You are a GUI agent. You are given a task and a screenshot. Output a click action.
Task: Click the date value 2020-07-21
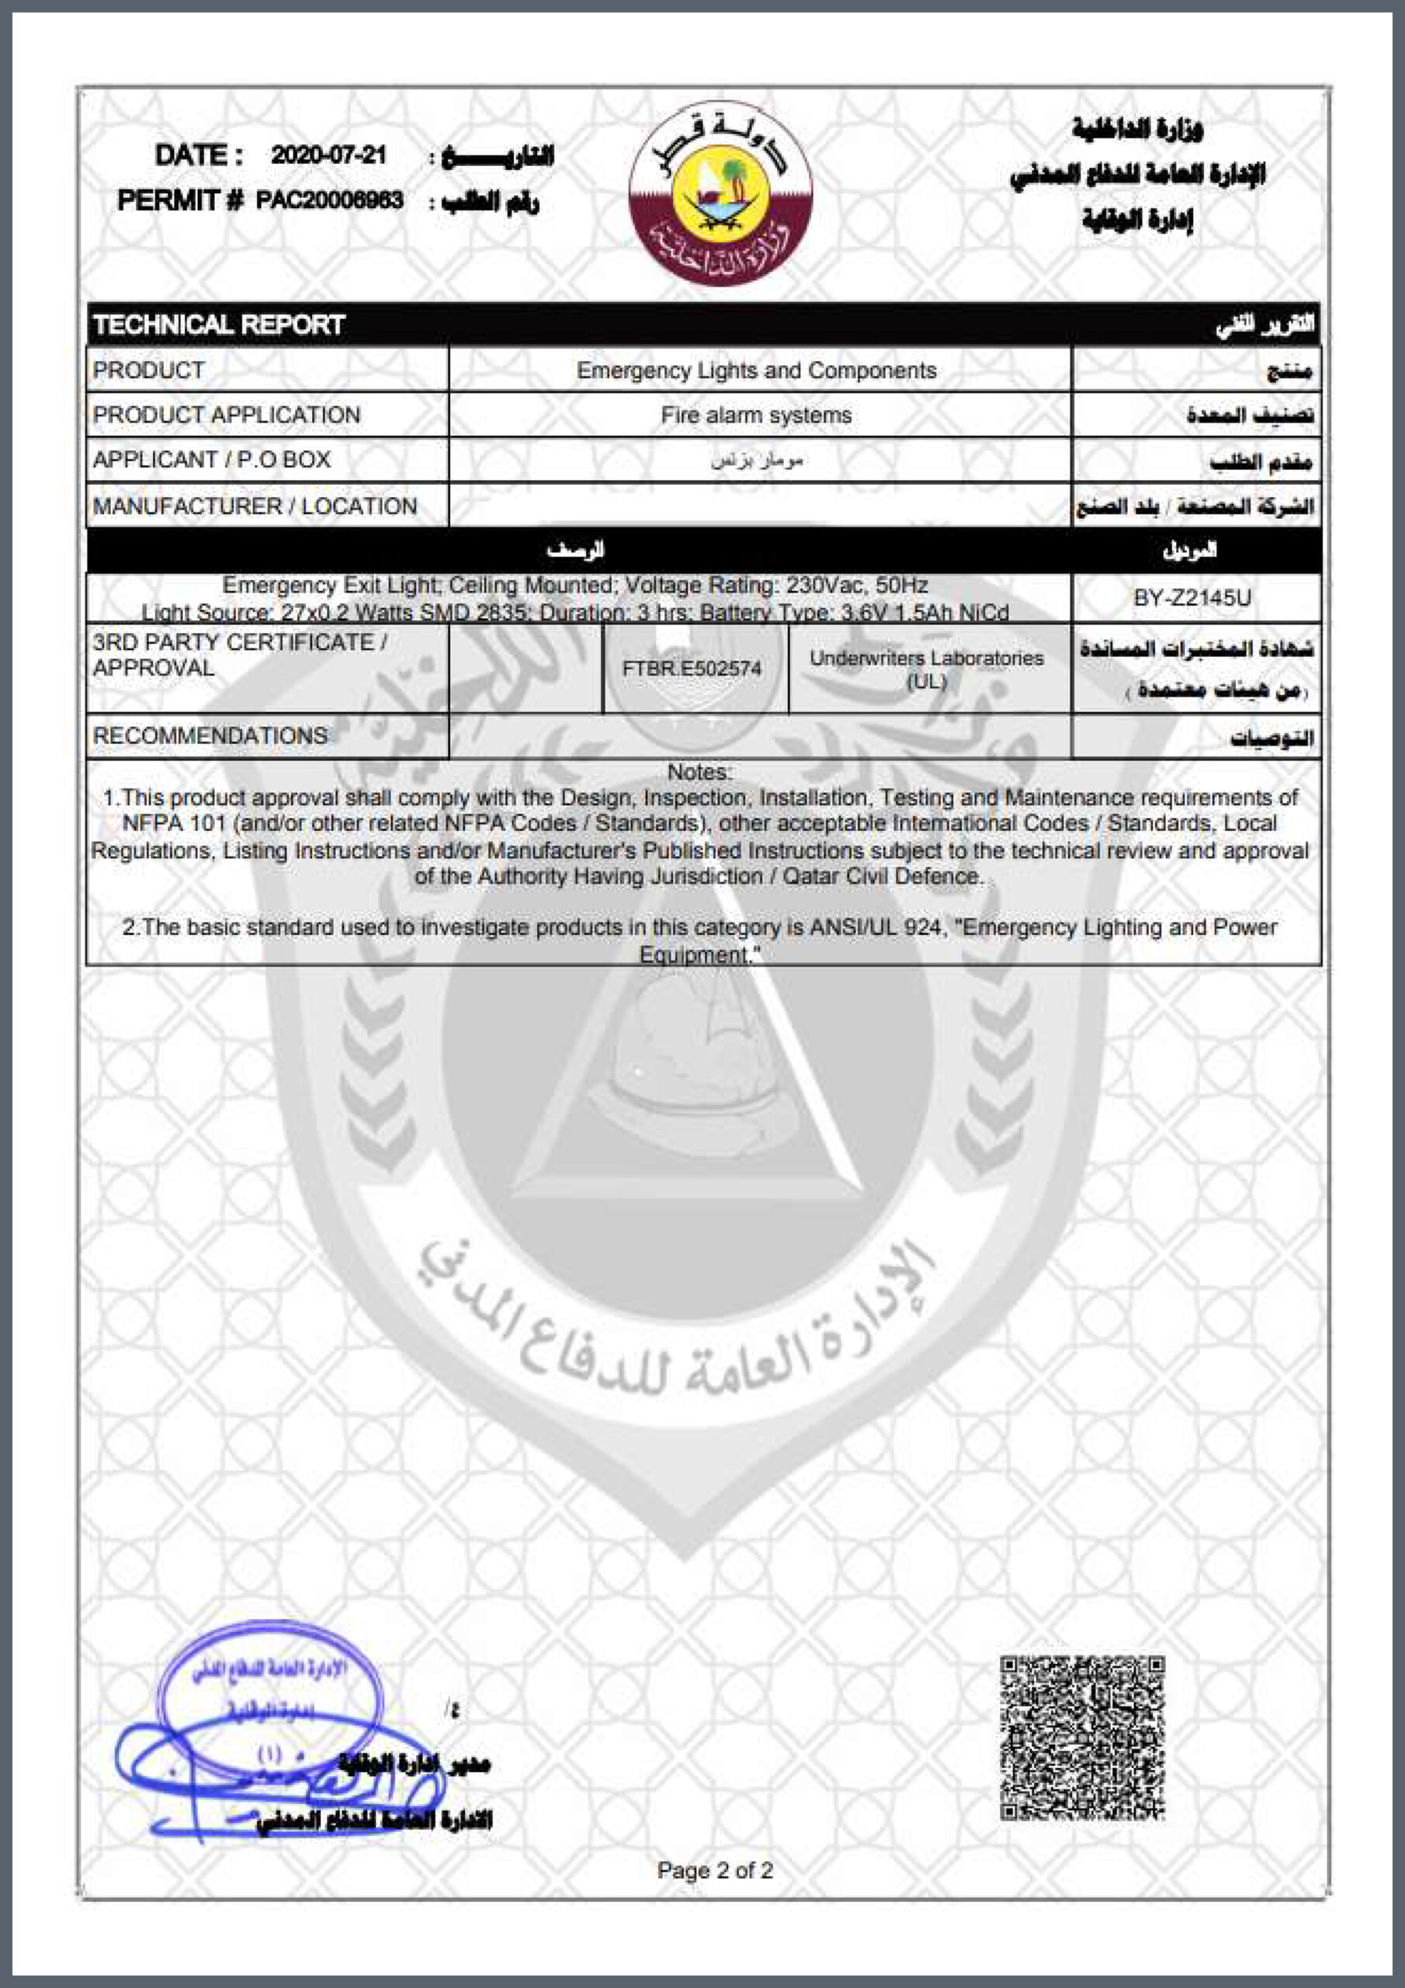(x=328, y=156)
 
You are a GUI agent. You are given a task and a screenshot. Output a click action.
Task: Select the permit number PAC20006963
(x=329, y=201)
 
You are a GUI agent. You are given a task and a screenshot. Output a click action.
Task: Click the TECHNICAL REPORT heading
(x=219, y=325)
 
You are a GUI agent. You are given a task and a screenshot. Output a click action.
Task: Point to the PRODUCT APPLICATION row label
(x=226, y=415)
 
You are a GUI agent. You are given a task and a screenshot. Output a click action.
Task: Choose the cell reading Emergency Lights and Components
(x=757, y=370)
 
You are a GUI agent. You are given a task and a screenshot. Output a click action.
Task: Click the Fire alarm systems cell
(x=757, y=415)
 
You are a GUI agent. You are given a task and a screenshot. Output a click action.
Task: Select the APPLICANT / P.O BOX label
(x=211, y=460)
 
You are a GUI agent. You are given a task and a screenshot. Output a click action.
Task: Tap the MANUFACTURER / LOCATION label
(x=255, y=506)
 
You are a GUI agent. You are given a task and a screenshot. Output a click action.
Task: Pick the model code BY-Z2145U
(x=1192, y=598)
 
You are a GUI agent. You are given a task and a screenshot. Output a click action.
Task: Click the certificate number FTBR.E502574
(x=692, y=669)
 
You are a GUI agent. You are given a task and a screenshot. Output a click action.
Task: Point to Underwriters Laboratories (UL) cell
(x=926, y=669)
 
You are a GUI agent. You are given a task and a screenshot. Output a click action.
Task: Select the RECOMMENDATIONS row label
(x=210, y=736)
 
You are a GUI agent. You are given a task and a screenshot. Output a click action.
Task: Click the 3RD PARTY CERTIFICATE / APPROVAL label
(x=240, y=655)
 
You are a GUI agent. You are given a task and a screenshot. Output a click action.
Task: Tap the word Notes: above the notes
(x=699, y=771)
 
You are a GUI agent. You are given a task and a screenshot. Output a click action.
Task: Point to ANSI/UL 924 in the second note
(x=876, y=927)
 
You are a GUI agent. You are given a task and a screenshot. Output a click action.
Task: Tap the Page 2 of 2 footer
(x=715, y=1871)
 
